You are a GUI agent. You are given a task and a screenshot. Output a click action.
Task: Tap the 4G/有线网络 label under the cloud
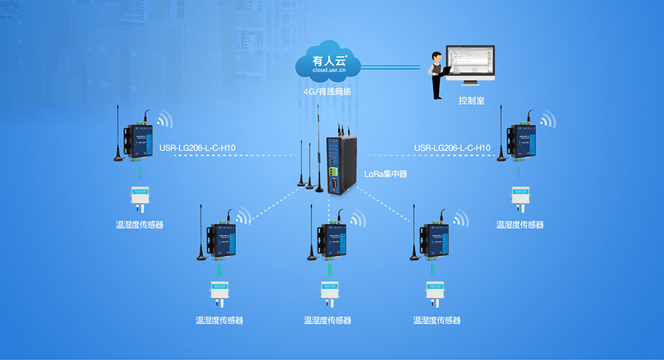click(x=328, y=92)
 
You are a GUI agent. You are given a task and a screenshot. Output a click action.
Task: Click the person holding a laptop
click(x=438, y=74)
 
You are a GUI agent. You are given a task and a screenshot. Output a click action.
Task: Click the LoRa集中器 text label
click(x=386, y=174)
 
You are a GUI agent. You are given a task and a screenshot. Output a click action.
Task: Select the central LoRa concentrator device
click(x=340, y=165)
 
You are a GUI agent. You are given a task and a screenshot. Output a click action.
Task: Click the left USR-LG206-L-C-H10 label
click(x=201, y=148)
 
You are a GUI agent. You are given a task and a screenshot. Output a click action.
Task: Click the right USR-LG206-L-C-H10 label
click(x=452, y=148)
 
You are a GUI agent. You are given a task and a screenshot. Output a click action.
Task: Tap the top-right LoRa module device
click(x=519, y=139)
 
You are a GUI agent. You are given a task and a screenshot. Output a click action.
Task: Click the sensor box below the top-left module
click(x=139, y=196)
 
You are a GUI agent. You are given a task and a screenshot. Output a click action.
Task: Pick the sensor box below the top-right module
click(x=520, y=196)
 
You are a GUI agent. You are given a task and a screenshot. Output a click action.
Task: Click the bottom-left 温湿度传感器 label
click(x=219, y=321)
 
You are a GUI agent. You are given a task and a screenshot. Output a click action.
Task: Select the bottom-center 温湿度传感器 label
click(x=328, y=321)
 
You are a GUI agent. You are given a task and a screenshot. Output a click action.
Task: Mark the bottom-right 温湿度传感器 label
click(x=437, y=321)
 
